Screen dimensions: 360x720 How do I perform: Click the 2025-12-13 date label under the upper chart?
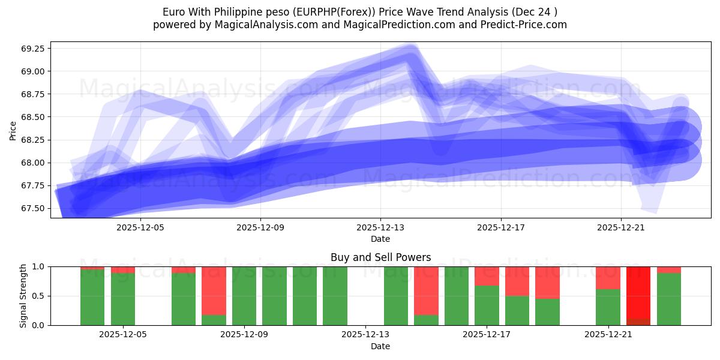[x=380, y=228]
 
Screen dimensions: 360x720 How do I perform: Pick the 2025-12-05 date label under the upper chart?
[x=140, y=228]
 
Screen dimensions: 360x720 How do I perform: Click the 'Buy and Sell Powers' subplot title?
[x=380, y=257]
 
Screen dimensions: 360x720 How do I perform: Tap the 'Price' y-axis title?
[x=13, y=130]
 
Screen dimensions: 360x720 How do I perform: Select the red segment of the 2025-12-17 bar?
[x=487, y=276]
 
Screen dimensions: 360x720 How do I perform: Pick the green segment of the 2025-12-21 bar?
[x=608, y=307]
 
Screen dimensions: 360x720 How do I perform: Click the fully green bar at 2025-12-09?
[x=244, y=296]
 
